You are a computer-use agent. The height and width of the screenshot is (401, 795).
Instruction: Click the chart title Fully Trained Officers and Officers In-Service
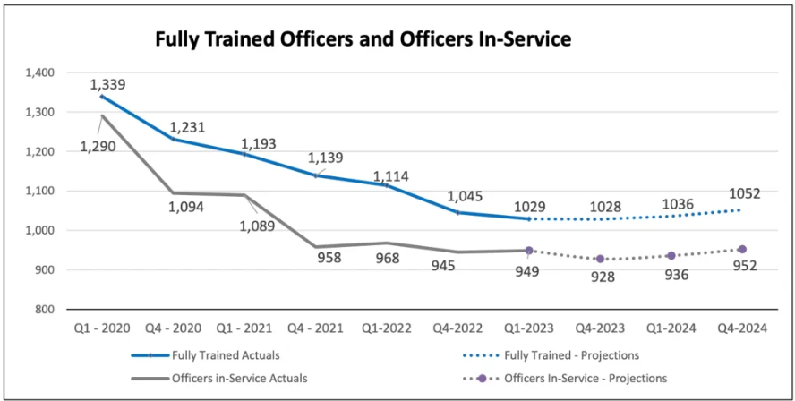pos(363,39)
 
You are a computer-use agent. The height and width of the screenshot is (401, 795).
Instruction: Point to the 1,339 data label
pos(107,85)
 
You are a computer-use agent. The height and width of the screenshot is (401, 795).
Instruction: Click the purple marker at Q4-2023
pos(600,259)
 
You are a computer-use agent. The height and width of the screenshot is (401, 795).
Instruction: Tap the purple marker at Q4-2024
pos(741,250)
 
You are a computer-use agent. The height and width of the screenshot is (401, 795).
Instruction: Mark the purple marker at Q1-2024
pos(671,255)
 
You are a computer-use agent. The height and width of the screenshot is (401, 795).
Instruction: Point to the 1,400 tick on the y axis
pos(39,73)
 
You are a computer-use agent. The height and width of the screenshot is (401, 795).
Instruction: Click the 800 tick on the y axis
pos(46,309)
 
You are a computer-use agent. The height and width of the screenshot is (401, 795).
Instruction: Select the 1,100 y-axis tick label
pos(39,192)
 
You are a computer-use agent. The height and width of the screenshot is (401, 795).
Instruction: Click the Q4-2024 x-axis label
pos(742,328)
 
